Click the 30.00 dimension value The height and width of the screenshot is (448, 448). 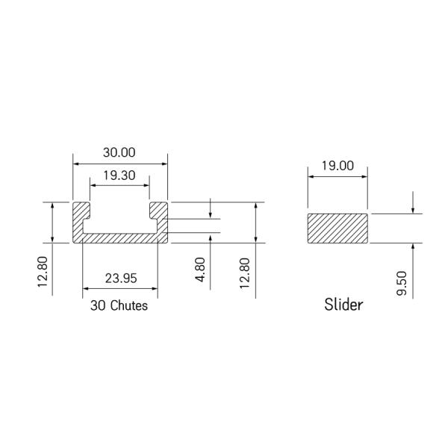[x=119, y=152]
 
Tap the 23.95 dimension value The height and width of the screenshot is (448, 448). [x=120, y=279]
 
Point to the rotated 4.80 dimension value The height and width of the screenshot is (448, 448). [x=199, y=269]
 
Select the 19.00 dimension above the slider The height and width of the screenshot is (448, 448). [x=337, y=166]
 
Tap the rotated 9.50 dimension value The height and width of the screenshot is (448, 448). [x=402, y=284]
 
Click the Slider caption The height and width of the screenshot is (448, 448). [x=343, y=305]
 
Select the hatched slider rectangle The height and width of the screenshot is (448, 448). [x=337, y=228]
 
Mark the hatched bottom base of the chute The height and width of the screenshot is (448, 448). [x=119, y=237]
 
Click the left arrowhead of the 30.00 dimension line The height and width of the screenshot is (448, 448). [x=75, y=163]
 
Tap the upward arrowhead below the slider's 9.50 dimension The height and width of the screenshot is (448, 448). [x=413, y=246]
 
